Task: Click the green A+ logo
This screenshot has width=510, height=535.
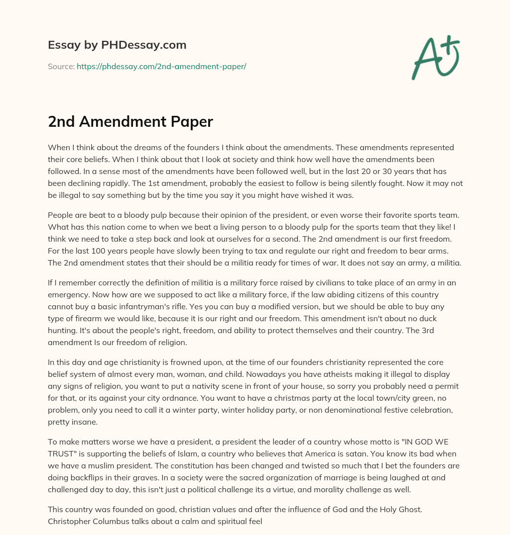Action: (435, 58)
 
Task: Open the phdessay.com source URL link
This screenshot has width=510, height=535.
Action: (161, 66)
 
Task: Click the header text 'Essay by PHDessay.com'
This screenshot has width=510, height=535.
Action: (117, 45)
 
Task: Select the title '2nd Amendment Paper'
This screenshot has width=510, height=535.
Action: (130, 122)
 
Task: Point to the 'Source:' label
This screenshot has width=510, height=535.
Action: (61, 66)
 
